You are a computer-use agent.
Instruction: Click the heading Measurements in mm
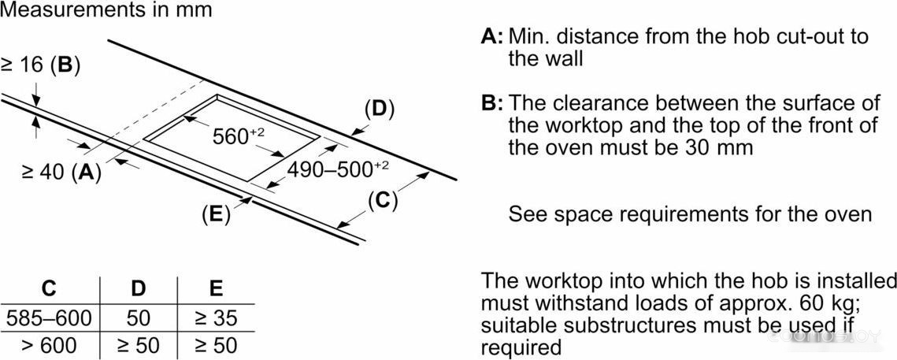[x=106, y=9]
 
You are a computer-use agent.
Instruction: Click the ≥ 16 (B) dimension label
[x=40, y=65]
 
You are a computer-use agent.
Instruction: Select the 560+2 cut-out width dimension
[x=239, y=136]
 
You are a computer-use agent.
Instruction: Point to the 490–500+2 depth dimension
[x=338, y=169]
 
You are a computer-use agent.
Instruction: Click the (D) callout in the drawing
[x=380, y=109]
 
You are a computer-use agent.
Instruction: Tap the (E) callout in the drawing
[x=216, y=213]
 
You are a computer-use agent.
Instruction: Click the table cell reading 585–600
[x=49, y=318]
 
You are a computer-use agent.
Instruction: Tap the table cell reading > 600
[x=49, y=346]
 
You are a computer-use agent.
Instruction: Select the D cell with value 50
[x=139, y=318]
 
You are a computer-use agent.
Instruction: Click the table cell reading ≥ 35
[x=216, y=318]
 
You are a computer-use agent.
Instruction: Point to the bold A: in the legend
[x=492, y=38]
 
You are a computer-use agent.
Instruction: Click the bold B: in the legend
[x=492, y=104]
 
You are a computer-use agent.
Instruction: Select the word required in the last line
[x=521, y=347]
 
